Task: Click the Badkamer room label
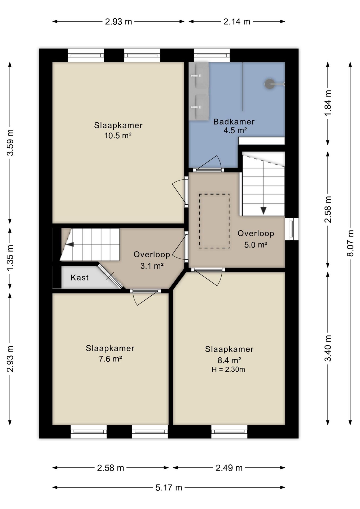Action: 234,122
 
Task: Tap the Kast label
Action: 80,278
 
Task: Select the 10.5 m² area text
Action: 118,136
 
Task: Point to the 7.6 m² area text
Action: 110,359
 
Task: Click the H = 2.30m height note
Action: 228,369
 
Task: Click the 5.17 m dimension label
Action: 169,488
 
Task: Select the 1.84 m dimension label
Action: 328,103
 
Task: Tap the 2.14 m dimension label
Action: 237,21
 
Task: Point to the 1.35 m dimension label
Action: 10,258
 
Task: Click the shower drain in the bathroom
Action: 269,84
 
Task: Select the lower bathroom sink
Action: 199,107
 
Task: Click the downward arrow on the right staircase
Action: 264,210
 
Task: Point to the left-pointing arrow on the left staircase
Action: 70,244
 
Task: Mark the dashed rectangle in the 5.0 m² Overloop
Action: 214,221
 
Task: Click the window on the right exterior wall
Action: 292,229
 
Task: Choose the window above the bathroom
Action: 212,55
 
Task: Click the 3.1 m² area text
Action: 152,266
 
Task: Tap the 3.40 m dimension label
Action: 328,348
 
